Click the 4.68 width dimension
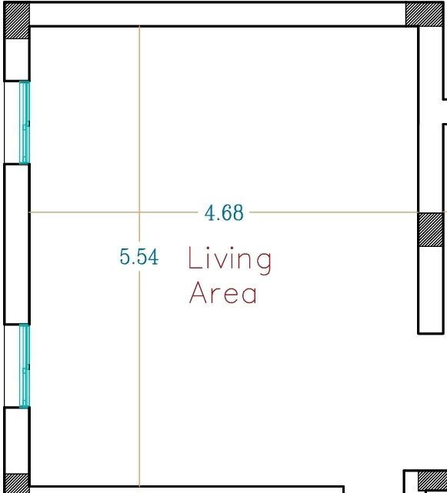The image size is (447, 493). pos(224,213)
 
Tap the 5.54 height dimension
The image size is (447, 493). pos(139,257)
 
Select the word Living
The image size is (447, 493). pos(229,261)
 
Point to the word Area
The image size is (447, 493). pos(222,293)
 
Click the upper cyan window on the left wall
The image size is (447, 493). pos(25,122)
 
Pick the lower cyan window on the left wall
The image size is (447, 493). pos(25,365)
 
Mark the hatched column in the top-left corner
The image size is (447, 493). pos(17,21)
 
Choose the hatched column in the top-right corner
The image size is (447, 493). pos(424,14)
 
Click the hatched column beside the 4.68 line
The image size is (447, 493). pos(431,229)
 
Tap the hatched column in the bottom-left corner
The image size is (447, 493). pos(17,483)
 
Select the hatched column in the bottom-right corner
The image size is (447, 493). pos(432,481)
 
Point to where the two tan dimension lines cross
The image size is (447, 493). pos(139,212)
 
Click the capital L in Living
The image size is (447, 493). pos(194,258)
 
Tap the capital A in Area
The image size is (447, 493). pos(198,293)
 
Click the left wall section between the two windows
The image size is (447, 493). pos(17,244)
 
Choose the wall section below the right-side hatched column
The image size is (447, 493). pos(431,290)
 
